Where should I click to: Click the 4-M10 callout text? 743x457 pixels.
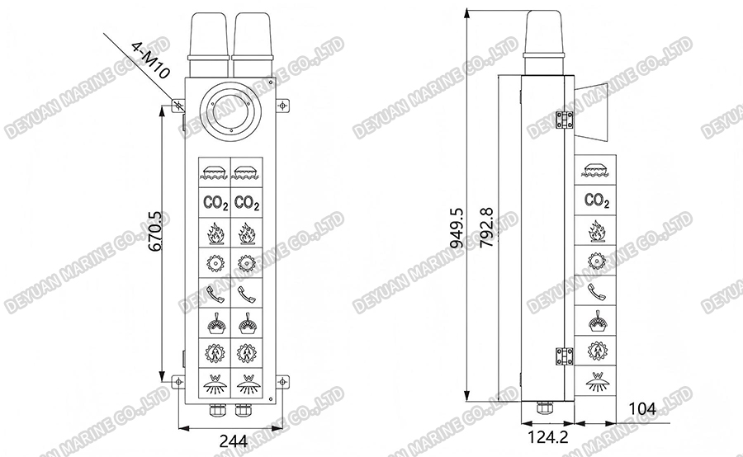[149, 60]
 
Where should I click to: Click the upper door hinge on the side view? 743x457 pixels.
[565, 120]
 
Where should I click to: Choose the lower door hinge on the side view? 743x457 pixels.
[565, 354]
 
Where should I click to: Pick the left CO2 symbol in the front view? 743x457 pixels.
[214, 202]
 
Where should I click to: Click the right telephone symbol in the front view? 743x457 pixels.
[247, 293]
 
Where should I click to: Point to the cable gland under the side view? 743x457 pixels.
[543, 407]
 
